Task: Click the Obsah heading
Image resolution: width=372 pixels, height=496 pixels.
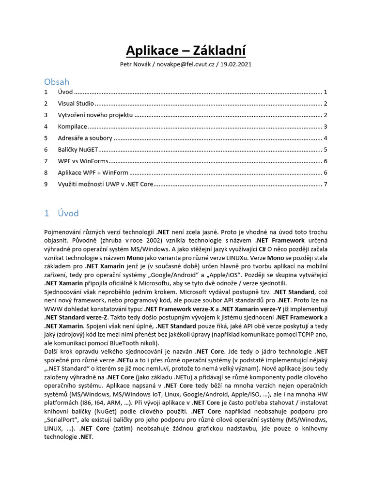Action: [57, 82]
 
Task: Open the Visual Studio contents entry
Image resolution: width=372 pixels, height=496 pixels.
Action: [76, 104]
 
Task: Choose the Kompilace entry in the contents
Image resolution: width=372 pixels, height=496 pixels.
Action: [73, 126]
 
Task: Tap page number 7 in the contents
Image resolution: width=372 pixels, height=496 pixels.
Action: [326, 184]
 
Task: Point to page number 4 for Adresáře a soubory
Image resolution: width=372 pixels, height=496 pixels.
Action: [326, 138]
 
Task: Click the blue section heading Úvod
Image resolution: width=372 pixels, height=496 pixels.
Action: [68, 213]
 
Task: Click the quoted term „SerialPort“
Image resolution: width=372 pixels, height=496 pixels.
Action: [61, 420]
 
